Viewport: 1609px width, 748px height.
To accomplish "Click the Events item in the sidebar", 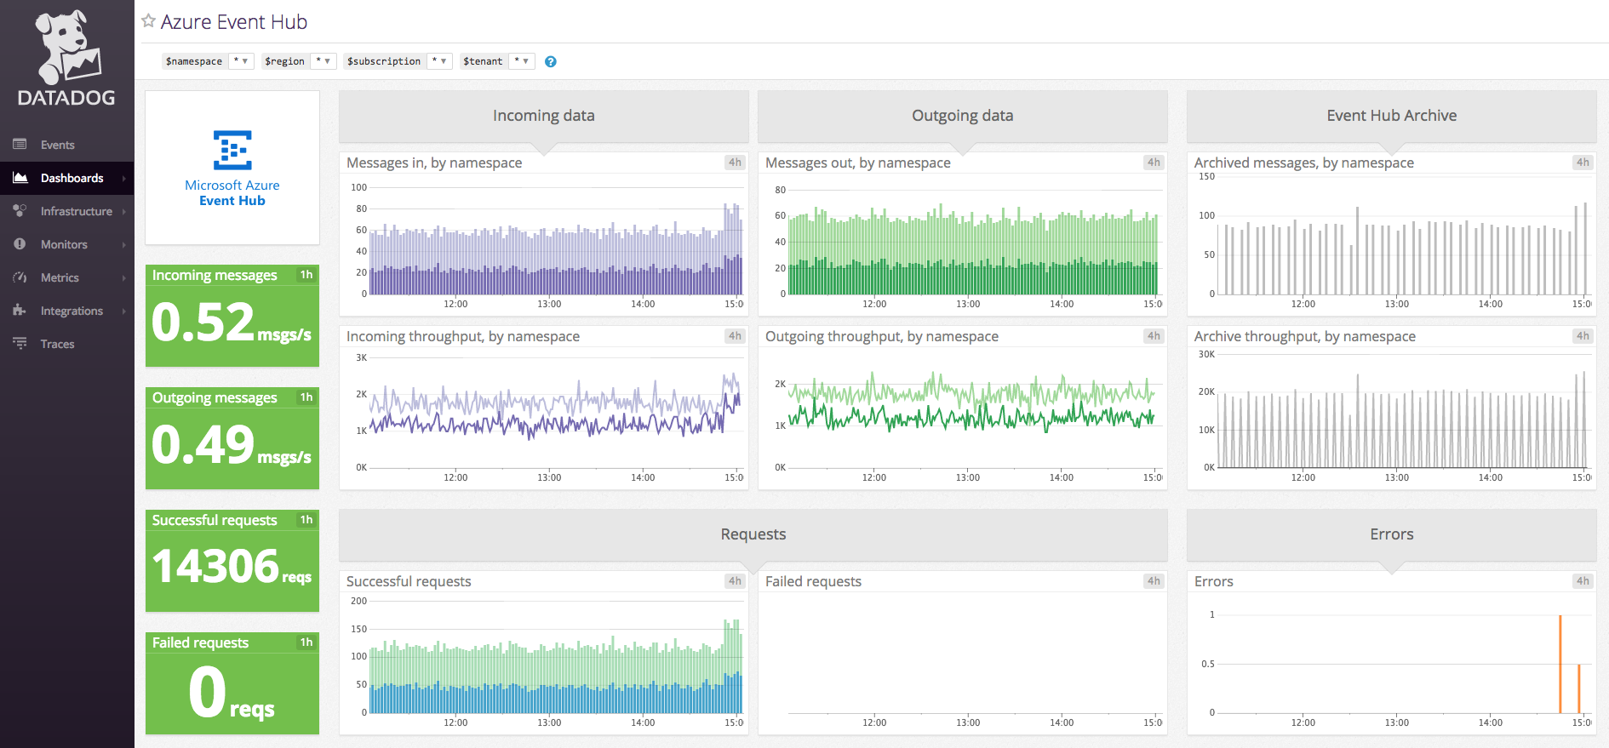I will point(57,145).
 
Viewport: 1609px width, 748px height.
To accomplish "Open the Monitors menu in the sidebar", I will point(64,244).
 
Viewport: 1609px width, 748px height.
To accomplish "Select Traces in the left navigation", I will point(57,344).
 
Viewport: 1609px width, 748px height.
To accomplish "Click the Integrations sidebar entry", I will point(72,311).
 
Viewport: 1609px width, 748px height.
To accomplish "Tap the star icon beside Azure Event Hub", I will point(149,21).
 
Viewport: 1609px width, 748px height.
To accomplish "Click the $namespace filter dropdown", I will point(241,61).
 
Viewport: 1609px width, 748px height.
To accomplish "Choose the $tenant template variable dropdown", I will point(522,61).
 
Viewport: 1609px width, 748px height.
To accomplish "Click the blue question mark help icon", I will point(551,61).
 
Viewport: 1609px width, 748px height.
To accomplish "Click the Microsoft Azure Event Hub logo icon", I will point(232,151).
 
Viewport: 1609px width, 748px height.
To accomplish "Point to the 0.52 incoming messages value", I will point(203,323).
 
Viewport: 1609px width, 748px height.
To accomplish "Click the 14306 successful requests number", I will point(216,566).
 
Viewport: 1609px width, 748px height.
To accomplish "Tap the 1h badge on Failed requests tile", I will point(306,642).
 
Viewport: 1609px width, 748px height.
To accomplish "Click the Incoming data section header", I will point(543,116).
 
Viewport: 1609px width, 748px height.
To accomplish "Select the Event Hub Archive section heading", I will point(1391,116).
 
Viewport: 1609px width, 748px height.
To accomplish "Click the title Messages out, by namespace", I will point(857,163).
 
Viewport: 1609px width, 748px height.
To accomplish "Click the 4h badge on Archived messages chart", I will point(1582,163).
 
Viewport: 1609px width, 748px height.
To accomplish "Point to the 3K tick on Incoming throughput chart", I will point(362,357).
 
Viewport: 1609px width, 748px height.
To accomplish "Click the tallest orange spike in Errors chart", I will point(1560,664).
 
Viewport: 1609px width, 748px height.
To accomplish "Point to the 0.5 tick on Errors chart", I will point(1208,664).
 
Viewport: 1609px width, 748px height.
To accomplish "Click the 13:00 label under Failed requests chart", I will point(968,722).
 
